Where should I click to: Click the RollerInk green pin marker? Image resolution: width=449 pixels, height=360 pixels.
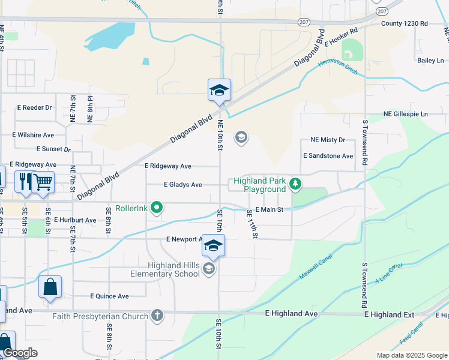pos(157,208)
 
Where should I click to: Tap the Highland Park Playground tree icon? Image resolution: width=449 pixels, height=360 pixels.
pos(295,184)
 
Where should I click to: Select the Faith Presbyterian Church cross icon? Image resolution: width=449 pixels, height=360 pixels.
pos(157,316)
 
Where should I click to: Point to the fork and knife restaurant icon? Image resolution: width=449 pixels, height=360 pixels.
pos(25,181)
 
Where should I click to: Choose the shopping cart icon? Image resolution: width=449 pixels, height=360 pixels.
pos(43,181)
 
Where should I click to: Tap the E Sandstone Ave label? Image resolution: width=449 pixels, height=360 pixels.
pos(328,156)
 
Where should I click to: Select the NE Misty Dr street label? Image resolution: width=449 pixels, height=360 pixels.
pos(328,140)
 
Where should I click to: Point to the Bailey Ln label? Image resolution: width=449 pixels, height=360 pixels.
pos(431,61)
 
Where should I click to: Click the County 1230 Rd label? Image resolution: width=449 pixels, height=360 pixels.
pos(404,23)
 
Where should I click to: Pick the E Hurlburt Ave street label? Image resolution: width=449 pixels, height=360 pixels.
pos(75,220)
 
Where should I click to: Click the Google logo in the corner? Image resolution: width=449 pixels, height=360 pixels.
pos(20,353)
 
